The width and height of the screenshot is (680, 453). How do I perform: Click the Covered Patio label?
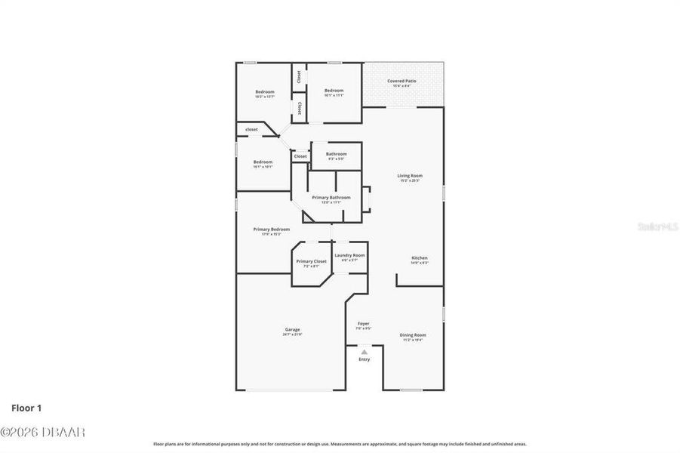coord(402,81)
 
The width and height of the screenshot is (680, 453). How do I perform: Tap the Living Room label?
coord(410,176)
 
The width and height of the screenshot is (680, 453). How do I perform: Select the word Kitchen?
coord(420,257)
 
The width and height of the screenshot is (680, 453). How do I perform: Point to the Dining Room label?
coord(412,334)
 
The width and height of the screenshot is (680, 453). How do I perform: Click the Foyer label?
coord(363,323)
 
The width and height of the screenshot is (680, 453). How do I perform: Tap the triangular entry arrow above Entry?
coord(364,351)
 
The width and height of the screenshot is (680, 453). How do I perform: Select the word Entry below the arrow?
coord(364,359)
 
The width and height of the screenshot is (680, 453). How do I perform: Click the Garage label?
coord(292,329)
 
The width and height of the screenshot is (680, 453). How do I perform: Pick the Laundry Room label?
coord(349,255)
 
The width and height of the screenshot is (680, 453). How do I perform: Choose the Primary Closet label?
coord(311,261)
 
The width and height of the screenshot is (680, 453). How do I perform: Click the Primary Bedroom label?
coord(271,229)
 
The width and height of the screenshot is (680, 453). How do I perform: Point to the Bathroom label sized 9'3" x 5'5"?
coord(336,154)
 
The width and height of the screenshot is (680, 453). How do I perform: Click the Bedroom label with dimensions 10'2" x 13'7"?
coord(264,92)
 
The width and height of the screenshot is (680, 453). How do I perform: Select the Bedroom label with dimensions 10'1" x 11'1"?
coord(334,91)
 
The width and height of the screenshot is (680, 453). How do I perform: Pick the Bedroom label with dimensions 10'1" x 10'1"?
coord(263,162)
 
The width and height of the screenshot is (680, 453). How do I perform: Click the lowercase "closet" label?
coord(251,129)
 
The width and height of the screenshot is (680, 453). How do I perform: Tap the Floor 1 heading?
coord(26,408)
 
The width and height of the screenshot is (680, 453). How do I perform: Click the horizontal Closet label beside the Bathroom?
coord(300,156)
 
